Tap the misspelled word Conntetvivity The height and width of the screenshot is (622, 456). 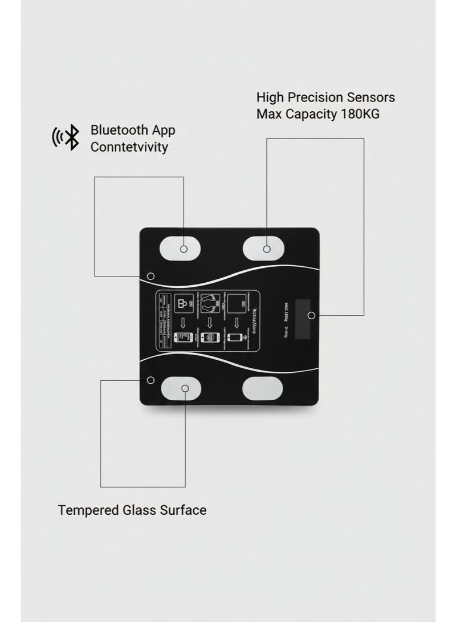(129, 147)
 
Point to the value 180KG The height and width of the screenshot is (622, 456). (360, 114)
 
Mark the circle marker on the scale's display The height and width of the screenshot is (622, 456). (311, 315)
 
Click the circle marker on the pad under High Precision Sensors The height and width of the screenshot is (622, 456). (266, 249)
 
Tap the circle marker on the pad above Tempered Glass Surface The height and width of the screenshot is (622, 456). (185, 388)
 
